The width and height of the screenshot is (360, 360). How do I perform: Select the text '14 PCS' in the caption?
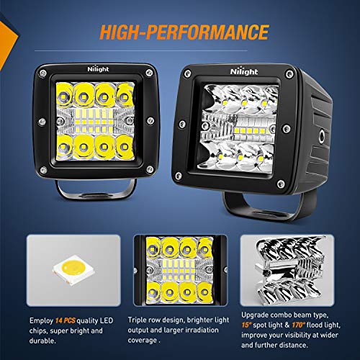click(66, 318)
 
